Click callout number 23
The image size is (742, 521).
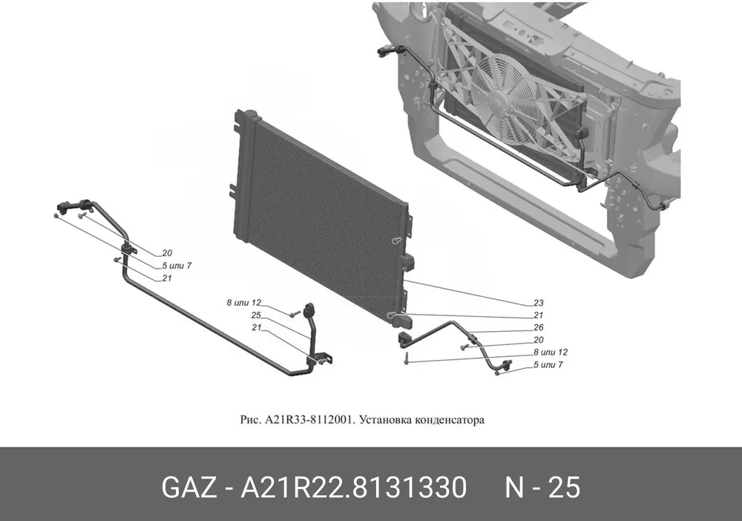(x=539, y=303)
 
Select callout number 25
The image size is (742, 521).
(x=256, y=315)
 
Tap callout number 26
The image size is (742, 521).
(x=539, y=327)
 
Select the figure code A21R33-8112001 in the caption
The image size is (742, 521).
(x=309, y=420)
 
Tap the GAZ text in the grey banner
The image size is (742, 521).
(x=189, y=488)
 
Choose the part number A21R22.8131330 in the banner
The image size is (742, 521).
(x=354, y=488)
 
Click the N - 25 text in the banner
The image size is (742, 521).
(x=542, y=488)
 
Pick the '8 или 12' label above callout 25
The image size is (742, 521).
(x=243, y=303)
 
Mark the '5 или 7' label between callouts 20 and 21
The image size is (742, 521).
(x=177, y=266)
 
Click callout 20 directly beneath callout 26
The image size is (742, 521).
(x=539, y=340)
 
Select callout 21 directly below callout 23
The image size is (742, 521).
(x=539, y=315)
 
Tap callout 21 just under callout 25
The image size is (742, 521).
(x=256, y=327)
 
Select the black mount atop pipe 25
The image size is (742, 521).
(x=310, y=310)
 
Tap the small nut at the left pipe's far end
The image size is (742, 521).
(x=56, y=216)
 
